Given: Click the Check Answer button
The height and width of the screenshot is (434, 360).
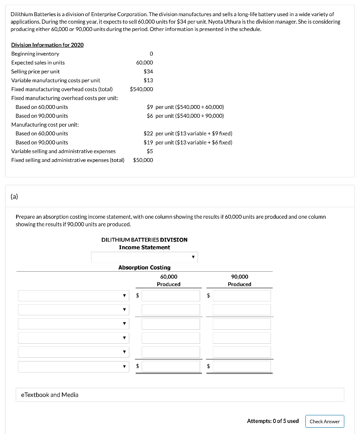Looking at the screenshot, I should pos(324,421).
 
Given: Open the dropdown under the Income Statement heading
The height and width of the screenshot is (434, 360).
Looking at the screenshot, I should pos(144,257).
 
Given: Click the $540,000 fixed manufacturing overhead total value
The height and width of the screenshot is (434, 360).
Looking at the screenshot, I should pos(142,89).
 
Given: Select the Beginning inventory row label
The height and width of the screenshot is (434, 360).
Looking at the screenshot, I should pos(35,53).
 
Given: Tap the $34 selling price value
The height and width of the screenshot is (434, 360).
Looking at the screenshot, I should pos(148,71).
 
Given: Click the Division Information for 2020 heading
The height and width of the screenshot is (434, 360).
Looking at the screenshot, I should pos(47,45).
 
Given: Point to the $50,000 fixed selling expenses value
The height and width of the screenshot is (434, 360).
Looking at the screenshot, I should pos(143,160).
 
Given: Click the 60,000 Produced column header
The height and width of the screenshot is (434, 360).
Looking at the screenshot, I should pos(169,280).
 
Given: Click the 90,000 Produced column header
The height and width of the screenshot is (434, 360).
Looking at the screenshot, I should pos(240,280).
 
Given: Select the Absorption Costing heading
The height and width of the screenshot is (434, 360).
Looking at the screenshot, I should pos(144,267).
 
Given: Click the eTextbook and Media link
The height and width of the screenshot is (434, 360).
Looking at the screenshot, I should pos(50,395).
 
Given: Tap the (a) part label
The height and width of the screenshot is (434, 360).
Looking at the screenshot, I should pos(14,196).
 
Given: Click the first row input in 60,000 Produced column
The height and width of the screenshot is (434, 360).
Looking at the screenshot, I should pos(170,296).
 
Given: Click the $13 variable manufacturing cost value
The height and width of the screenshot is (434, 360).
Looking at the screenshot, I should pos(148,80).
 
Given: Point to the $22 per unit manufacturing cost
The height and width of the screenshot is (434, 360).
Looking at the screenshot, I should pos(148,134).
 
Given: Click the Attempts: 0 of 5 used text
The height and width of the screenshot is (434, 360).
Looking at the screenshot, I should pos(273,421).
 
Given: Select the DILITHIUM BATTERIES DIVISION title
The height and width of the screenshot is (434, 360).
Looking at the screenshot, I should pos(144,239).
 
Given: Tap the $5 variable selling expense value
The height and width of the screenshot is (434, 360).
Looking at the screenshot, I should pos(150,151).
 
